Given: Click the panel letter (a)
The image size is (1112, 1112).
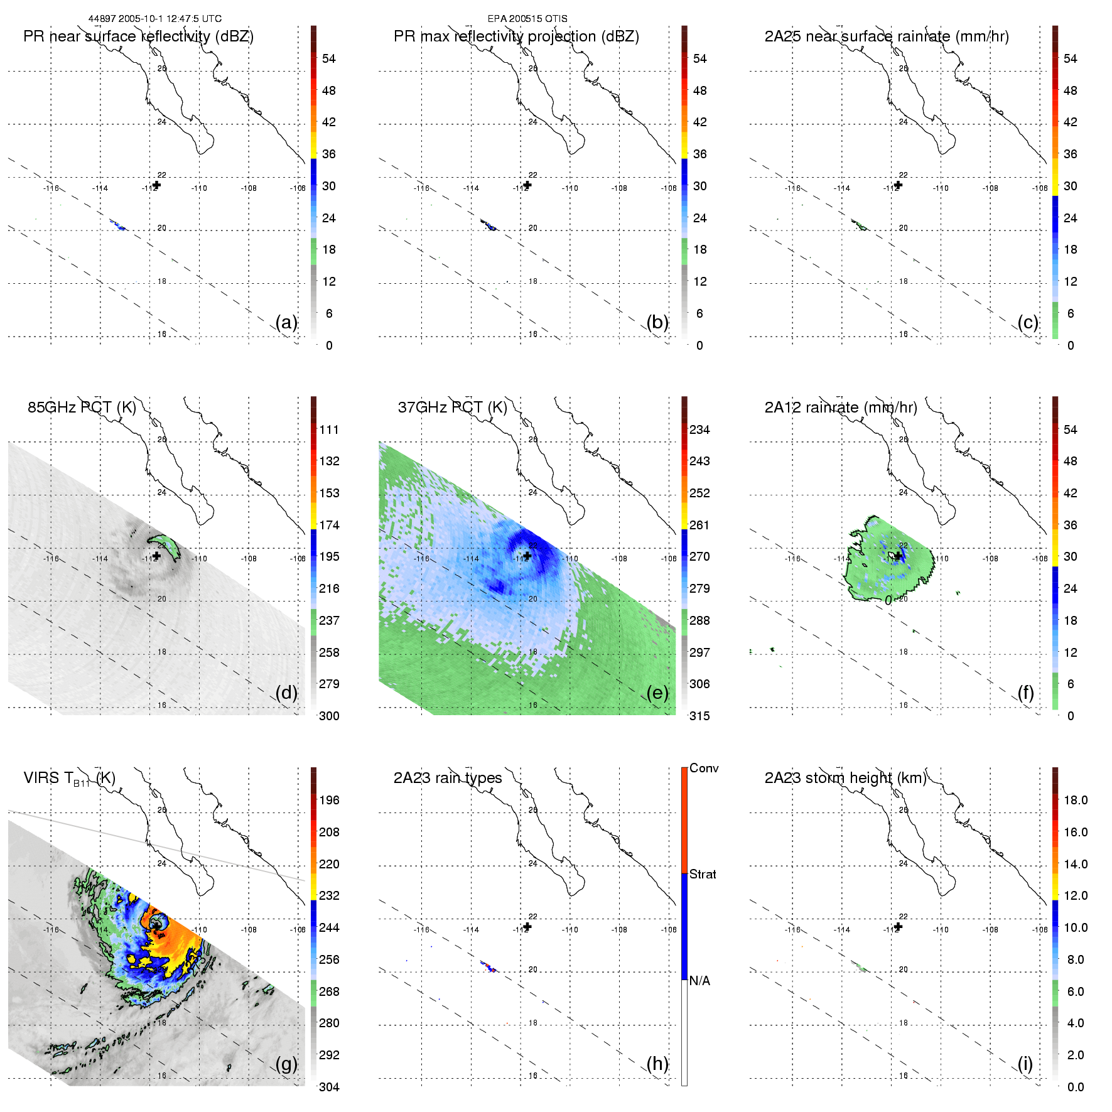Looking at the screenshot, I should pos(286,322).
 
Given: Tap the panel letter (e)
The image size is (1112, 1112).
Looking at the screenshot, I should pos(657,693).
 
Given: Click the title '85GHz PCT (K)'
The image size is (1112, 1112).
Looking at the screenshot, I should pos(82,407).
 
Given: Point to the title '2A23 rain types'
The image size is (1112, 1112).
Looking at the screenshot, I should pos(447,778).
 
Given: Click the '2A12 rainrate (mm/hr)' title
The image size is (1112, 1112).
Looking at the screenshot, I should pos(840,407).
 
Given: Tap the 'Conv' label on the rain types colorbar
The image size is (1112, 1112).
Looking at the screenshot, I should pos(703,768).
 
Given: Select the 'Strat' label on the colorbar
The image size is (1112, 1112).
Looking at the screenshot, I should pos(702,874).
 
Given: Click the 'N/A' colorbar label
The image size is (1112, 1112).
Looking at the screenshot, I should pos(699,981).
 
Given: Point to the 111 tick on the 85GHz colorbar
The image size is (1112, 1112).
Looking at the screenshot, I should pos(329,429).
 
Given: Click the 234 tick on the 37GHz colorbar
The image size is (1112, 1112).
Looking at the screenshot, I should pos(699,429).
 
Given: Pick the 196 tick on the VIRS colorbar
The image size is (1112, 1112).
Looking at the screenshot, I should pos(329,800).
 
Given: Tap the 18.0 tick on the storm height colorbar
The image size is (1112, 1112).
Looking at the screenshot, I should pos(1075,800).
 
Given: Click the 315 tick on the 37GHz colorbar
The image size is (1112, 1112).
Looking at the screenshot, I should pos(699,716).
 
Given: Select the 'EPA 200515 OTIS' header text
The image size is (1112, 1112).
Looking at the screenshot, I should pos(527,19).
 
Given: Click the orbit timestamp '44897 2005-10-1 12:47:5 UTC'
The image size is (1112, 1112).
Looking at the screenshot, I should pos(154,19).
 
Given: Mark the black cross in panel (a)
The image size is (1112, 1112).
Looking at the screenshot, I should pos(156,185).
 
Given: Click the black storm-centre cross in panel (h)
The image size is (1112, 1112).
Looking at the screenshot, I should pos(527,927).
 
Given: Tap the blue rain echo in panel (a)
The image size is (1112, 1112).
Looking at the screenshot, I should pos(119,225).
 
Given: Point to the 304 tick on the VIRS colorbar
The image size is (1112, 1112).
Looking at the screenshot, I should pos(329,1087).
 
